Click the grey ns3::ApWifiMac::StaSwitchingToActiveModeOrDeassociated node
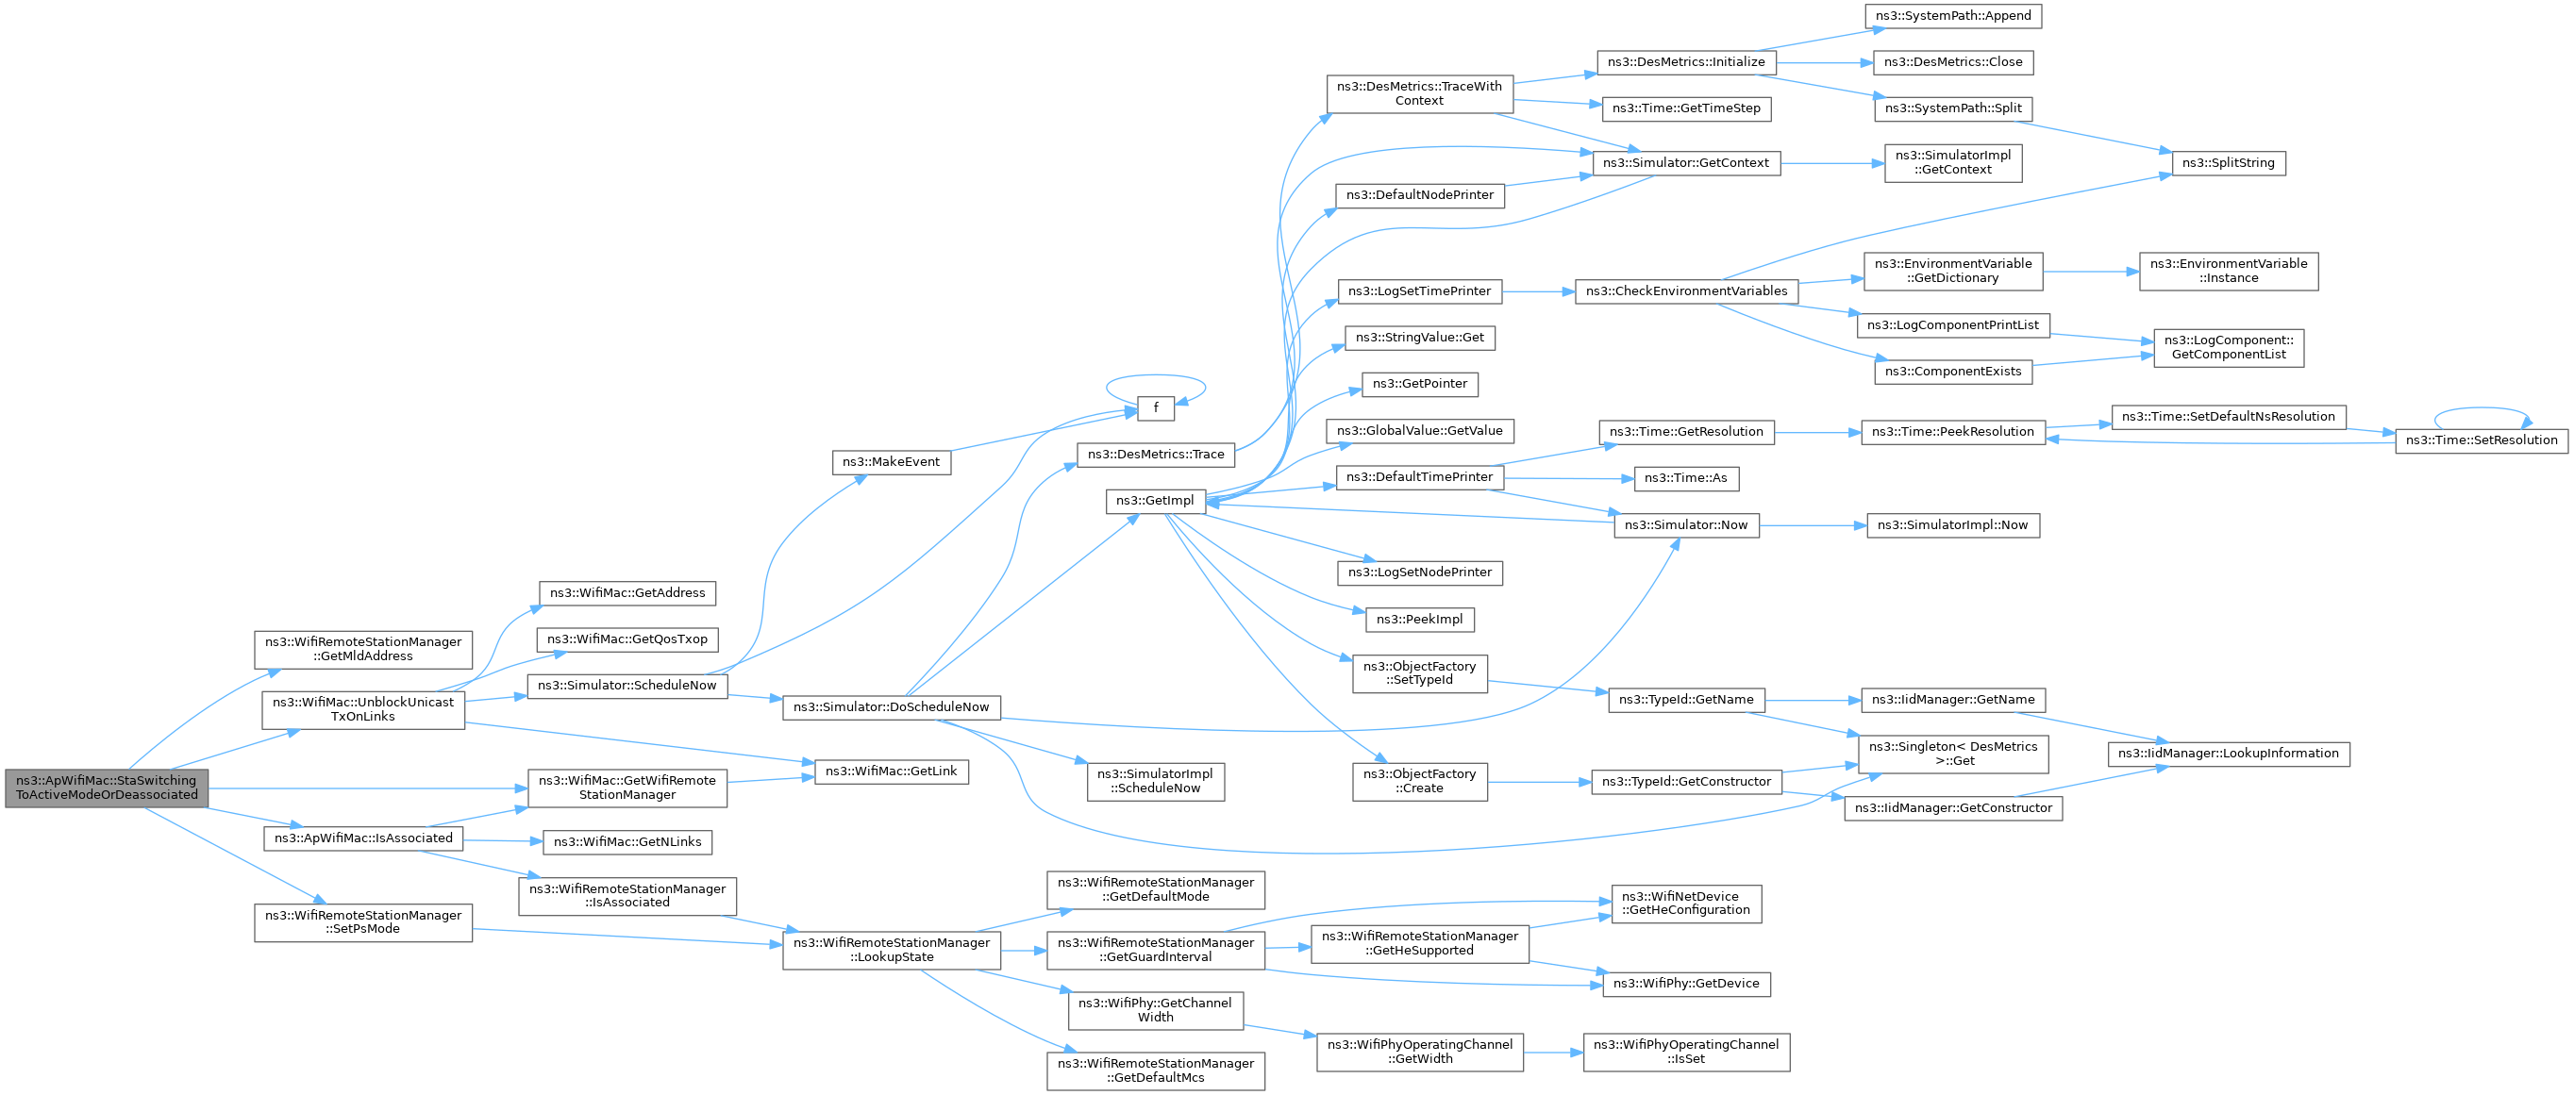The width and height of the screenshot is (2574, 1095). (x=107, y=788)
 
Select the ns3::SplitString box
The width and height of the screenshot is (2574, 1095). (x=2229, y=163)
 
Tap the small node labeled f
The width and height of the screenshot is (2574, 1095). (x=1156, y=407)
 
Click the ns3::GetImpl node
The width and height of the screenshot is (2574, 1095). (x=1155, y=501)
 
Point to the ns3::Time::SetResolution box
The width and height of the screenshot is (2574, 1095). (x=2482, y=440)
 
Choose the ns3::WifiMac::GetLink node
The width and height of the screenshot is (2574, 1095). (x=892, y=771)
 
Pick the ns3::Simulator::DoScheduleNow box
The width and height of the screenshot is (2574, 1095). (x=892, y=707)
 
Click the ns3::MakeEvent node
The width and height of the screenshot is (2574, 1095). (x=892, y=462)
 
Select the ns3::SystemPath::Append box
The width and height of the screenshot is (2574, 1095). (x=1953, y=16)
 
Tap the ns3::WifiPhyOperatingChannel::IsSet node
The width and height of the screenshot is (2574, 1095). (x=1687, y=1052)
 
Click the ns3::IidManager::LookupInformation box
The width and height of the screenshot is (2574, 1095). (x=2229, y=754)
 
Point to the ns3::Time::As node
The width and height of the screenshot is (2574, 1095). (x=1687, y=478)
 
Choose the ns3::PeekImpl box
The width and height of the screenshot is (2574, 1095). (x=1420, y=620)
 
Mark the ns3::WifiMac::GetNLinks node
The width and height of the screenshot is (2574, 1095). (x=627, y=842)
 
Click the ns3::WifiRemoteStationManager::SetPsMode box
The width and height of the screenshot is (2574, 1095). (x=363, y=922)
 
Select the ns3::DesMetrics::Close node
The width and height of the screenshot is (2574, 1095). (x=1953, y=62)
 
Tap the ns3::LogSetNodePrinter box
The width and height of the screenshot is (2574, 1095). (x=1420, y=572)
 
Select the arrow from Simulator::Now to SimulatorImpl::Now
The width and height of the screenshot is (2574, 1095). (x=1813, y=525)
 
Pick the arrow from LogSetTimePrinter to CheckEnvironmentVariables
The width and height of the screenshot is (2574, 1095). (x=1539, y=291)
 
